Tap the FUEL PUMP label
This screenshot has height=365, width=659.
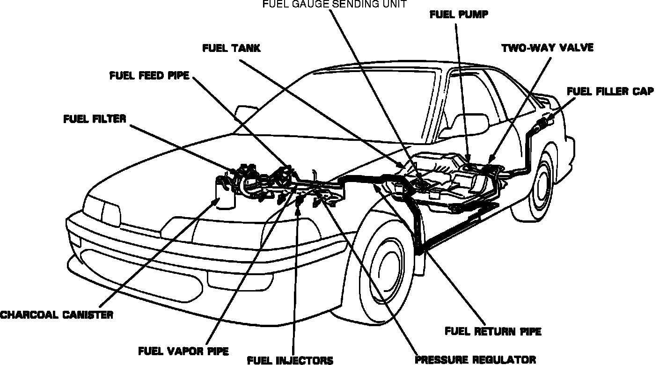(x=459, y=15)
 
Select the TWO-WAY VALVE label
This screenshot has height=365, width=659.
(x=547, y=48)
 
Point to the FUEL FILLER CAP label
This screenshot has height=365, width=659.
(x=610, y=91)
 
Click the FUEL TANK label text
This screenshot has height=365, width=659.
(x=231, y=48)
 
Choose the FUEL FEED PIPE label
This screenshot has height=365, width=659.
(x=149, y=76)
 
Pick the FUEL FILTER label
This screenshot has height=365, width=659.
(x=95, y=118)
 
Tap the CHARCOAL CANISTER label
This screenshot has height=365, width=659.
(x=57, y=314)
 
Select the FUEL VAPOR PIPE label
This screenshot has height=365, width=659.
(x=183, y=350)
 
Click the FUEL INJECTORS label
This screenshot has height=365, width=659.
(x=290, y=360)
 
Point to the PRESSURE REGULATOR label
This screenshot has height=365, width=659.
(x=476, y=359)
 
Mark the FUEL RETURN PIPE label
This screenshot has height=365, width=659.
(x=493, y=331)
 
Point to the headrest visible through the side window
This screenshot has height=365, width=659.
(x=470, y=123)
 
